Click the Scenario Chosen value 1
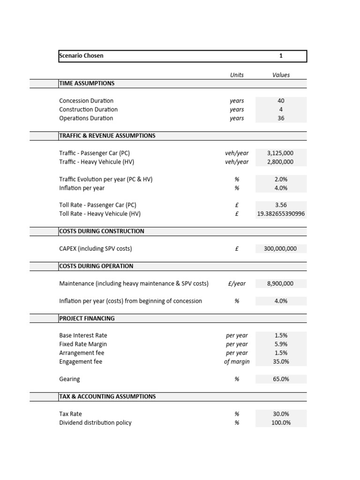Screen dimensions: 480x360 click(281, 56)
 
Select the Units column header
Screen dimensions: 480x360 click(237, 75)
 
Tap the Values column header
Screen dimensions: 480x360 click(281, 75)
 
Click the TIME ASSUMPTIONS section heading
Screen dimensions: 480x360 click(87, 83)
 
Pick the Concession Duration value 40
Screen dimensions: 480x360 click(281, 101)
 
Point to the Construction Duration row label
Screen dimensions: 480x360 click(89, 110)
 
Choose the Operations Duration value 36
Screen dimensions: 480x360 click(281, 119)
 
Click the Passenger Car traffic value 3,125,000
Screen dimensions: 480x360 click(280, 153)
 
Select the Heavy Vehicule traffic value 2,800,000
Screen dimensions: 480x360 click(280, 162)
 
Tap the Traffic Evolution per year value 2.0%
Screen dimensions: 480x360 click(281, 180)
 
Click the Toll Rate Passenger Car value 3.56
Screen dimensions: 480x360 click(281, 205)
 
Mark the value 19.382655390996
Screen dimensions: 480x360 click(281, 214)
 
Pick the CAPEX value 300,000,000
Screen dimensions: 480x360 click(280, 249)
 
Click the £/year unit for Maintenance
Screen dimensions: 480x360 click(237, 284)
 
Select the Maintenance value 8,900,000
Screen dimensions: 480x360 click(280, 284)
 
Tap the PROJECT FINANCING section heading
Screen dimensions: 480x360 click(87, 319)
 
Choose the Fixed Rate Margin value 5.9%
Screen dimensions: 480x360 click(281, 345)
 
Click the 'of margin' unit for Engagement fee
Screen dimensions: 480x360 click(237, 362)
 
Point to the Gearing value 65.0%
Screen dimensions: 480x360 click(281, 379)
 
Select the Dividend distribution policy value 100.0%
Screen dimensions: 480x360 click(281, 423)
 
